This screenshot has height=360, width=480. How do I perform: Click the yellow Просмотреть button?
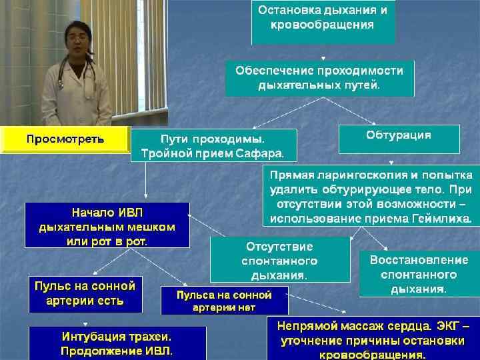65,139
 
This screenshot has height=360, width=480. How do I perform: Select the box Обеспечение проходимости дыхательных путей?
319,78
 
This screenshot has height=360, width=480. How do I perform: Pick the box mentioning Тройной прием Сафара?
213,146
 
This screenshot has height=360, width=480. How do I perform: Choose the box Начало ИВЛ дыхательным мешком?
107,225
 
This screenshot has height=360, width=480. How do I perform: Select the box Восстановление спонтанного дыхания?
419,273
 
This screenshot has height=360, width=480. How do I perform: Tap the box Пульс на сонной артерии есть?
85,294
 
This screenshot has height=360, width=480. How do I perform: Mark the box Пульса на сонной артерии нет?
224,300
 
